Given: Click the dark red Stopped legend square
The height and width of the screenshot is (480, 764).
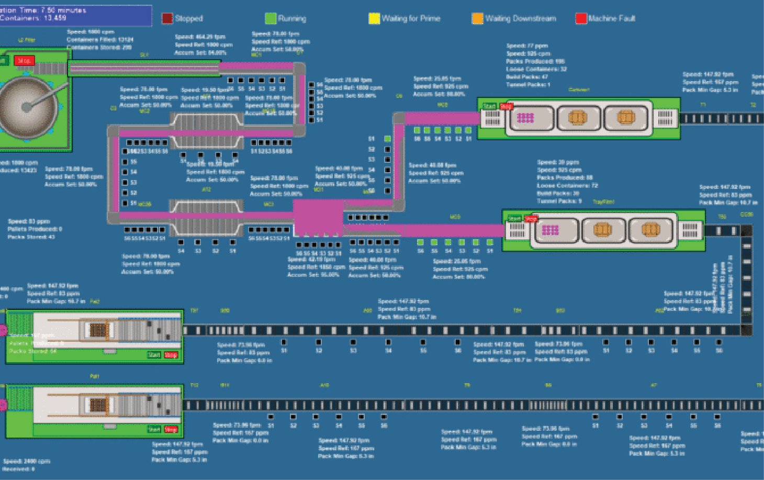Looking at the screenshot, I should tap(167, 18).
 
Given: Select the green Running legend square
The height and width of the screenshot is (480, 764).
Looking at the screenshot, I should tap(271, 18).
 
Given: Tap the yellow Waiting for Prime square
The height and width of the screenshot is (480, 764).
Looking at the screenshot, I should tap(374, 18).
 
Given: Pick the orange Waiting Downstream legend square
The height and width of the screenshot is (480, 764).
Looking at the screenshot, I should tap(477, 18).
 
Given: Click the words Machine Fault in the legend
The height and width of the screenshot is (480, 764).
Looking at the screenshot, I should tap(611, 18).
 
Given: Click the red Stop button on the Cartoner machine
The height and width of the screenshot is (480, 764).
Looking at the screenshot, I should tap(506, 106).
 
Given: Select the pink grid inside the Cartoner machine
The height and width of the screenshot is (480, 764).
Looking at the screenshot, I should tap(525, 118).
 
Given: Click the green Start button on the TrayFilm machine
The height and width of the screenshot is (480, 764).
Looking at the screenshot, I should tap(514, 218).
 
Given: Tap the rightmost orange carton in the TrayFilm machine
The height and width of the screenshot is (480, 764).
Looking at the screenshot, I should tap(650, 229).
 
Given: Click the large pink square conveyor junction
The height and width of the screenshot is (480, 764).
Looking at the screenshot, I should tap(318, 218).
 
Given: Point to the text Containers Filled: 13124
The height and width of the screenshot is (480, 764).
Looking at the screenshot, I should tap(100, 39).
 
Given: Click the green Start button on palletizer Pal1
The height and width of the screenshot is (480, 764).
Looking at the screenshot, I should tap(154, 429).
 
